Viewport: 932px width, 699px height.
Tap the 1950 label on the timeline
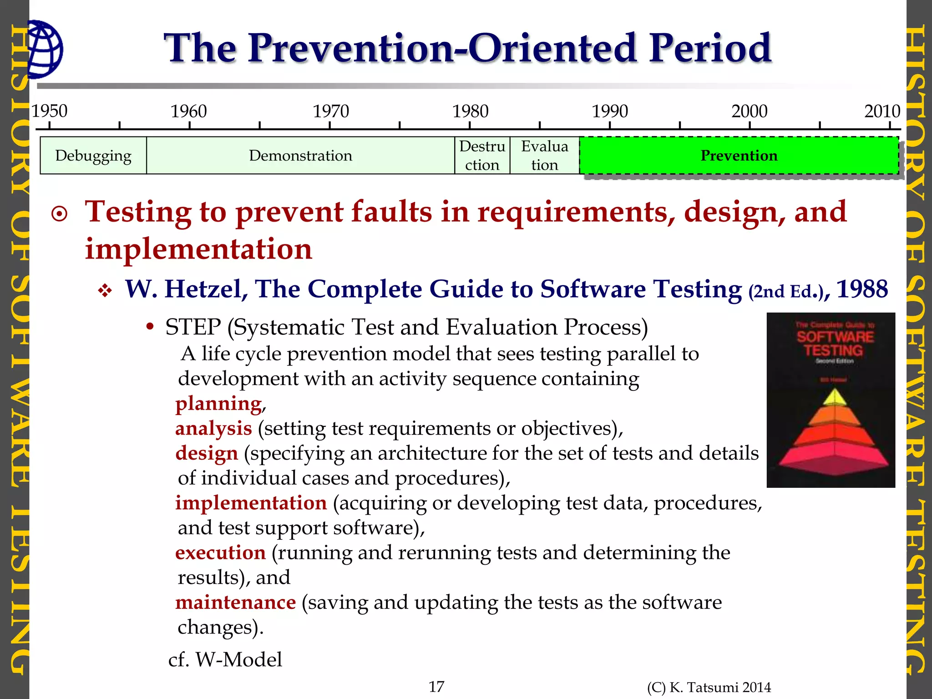point(49,111)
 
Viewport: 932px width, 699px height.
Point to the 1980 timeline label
point(470,111)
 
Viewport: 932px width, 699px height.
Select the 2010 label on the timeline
point(882,111)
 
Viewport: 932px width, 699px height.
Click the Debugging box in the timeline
point(93,156)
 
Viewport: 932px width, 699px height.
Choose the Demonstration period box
point(300,156)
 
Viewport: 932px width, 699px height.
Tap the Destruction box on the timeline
point(482,156)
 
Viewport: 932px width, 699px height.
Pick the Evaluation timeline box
point(544,156)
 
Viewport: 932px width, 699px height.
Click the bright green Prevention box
point(739,156)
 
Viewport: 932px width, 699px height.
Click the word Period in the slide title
point(710,48)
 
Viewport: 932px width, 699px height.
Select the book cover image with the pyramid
point(831,400)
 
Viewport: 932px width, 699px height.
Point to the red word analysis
point(213,429)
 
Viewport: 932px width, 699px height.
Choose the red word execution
point(220,553)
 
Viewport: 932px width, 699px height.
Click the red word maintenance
point(235,603)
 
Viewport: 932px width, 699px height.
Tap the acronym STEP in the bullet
point(193,327)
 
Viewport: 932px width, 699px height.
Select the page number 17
point(436,686)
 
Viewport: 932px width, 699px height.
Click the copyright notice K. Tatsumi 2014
point(709,687)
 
